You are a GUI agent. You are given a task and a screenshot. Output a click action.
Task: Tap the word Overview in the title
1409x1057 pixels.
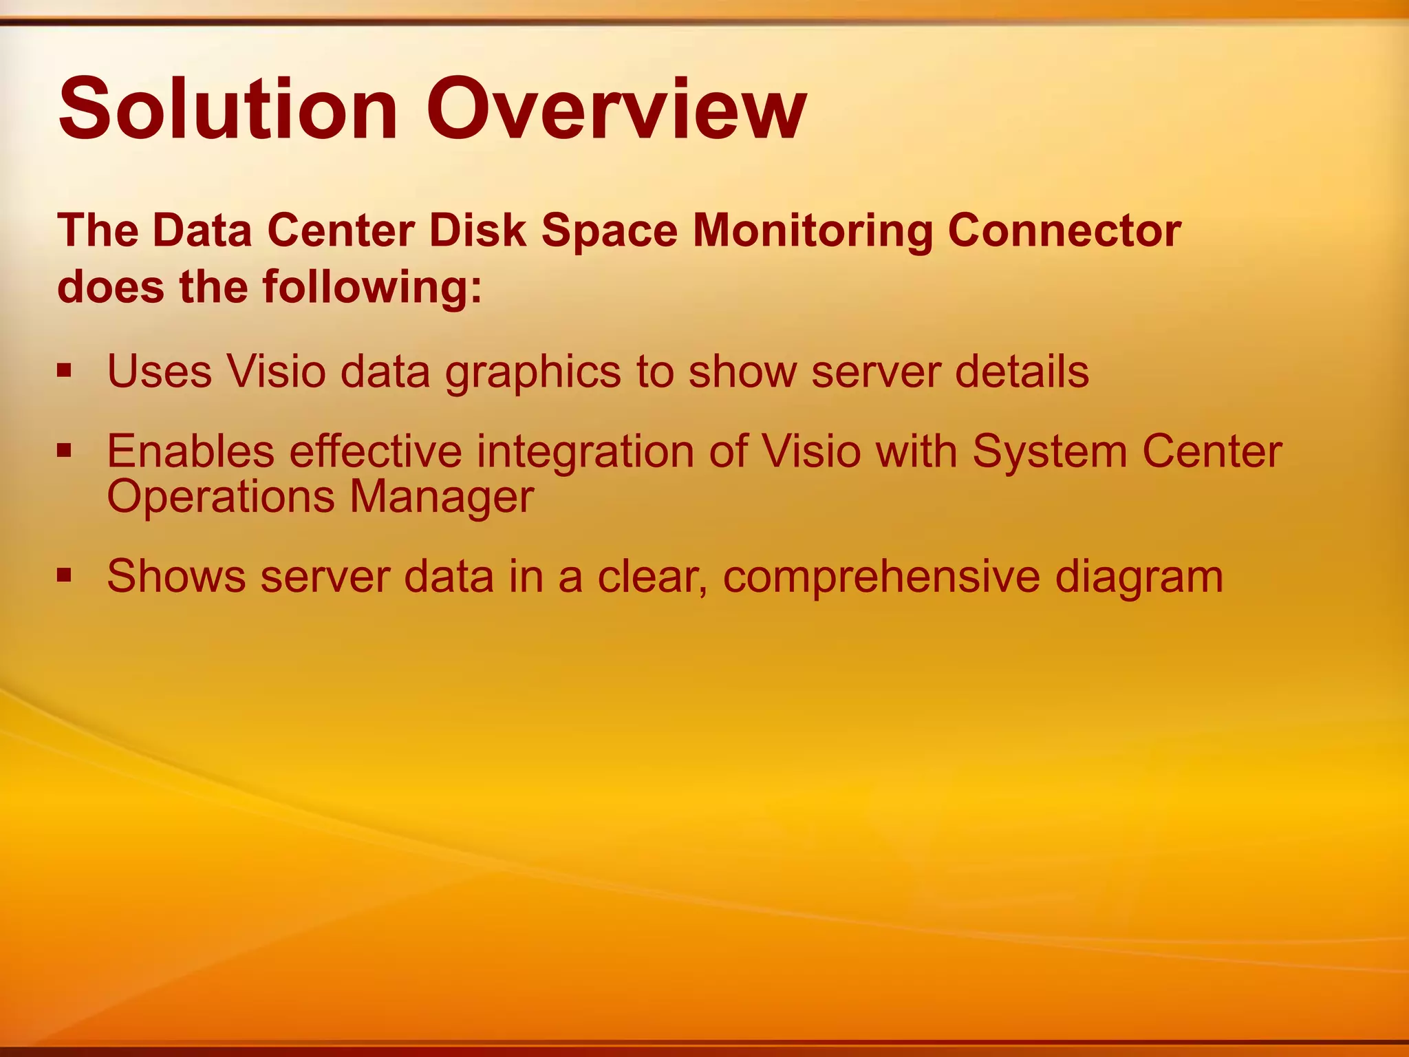pyautogui.click(x=616, y=110)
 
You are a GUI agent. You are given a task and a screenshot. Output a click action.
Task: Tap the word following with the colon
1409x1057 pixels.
pyautogui.click(x=372, y=287)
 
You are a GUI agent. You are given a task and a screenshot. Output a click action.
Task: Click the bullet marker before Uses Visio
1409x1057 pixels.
pyautogui.click(x=65, y=372)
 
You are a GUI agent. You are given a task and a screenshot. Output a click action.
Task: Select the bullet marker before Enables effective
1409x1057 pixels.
pyautogui.click(x=65, y=451)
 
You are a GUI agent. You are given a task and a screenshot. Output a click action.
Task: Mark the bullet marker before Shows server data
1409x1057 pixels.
pyautogui.click(x=65, y=575)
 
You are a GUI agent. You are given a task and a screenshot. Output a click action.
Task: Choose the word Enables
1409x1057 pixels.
pyautogui.click(x=191, y=451)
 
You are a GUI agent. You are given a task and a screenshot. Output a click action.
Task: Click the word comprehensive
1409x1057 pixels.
pyautogui.click(x=881, y=577)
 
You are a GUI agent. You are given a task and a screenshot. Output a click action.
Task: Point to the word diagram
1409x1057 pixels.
pyautogui.click(x=1139, y=577)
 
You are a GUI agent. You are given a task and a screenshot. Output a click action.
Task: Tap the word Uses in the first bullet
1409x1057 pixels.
pyautogui.click(x=159, y=372)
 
